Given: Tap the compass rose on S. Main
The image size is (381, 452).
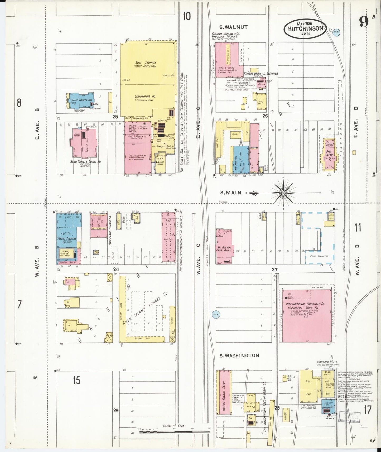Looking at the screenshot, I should pos(283,193).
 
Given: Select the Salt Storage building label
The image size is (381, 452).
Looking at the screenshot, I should pos(146,63).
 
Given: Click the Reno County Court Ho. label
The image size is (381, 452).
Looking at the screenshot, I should pos(86,161).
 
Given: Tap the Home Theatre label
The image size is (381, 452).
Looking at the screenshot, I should pos(67,238).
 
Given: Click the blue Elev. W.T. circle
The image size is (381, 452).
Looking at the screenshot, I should pos(216,314).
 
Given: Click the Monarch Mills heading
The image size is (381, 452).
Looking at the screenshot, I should pos(327,362).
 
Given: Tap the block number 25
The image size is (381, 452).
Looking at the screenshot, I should pos(115,116).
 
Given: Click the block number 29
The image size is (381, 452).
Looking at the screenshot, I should pos(116,410).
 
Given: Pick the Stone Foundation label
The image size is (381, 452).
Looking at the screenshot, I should pos(319,256).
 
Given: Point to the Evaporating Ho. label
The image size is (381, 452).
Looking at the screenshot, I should pos(146,97).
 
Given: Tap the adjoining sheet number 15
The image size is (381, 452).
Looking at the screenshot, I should pos(76,380).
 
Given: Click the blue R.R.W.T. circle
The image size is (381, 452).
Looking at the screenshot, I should pos(336,32).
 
